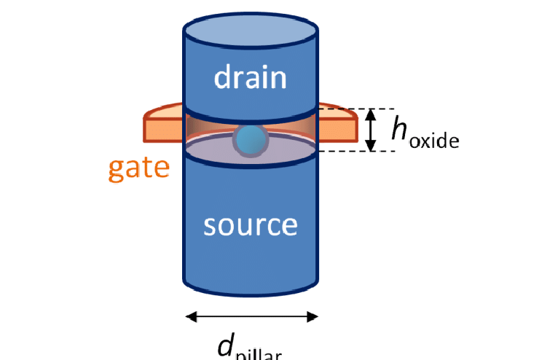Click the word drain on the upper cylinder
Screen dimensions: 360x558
click(x=250, y=77)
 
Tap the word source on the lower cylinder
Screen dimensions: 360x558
click(x=250, y=224)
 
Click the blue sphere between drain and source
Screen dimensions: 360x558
click(x=249, y=140)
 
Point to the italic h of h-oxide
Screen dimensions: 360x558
click(x=398, y=130)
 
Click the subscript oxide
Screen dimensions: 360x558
click(x=434, y=140)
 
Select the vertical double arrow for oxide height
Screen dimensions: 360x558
click(x=370, y=130)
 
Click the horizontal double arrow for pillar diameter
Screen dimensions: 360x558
click(x=252, y=316)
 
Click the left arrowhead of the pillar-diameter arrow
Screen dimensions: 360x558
click(x=192, y=316)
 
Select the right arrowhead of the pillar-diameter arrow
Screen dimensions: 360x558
click(x=313, y=316)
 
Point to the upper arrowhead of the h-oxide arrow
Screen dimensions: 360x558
click(x=370, y=113)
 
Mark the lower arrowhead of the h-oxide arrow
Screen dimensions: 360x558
click(x=370, y=146)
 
